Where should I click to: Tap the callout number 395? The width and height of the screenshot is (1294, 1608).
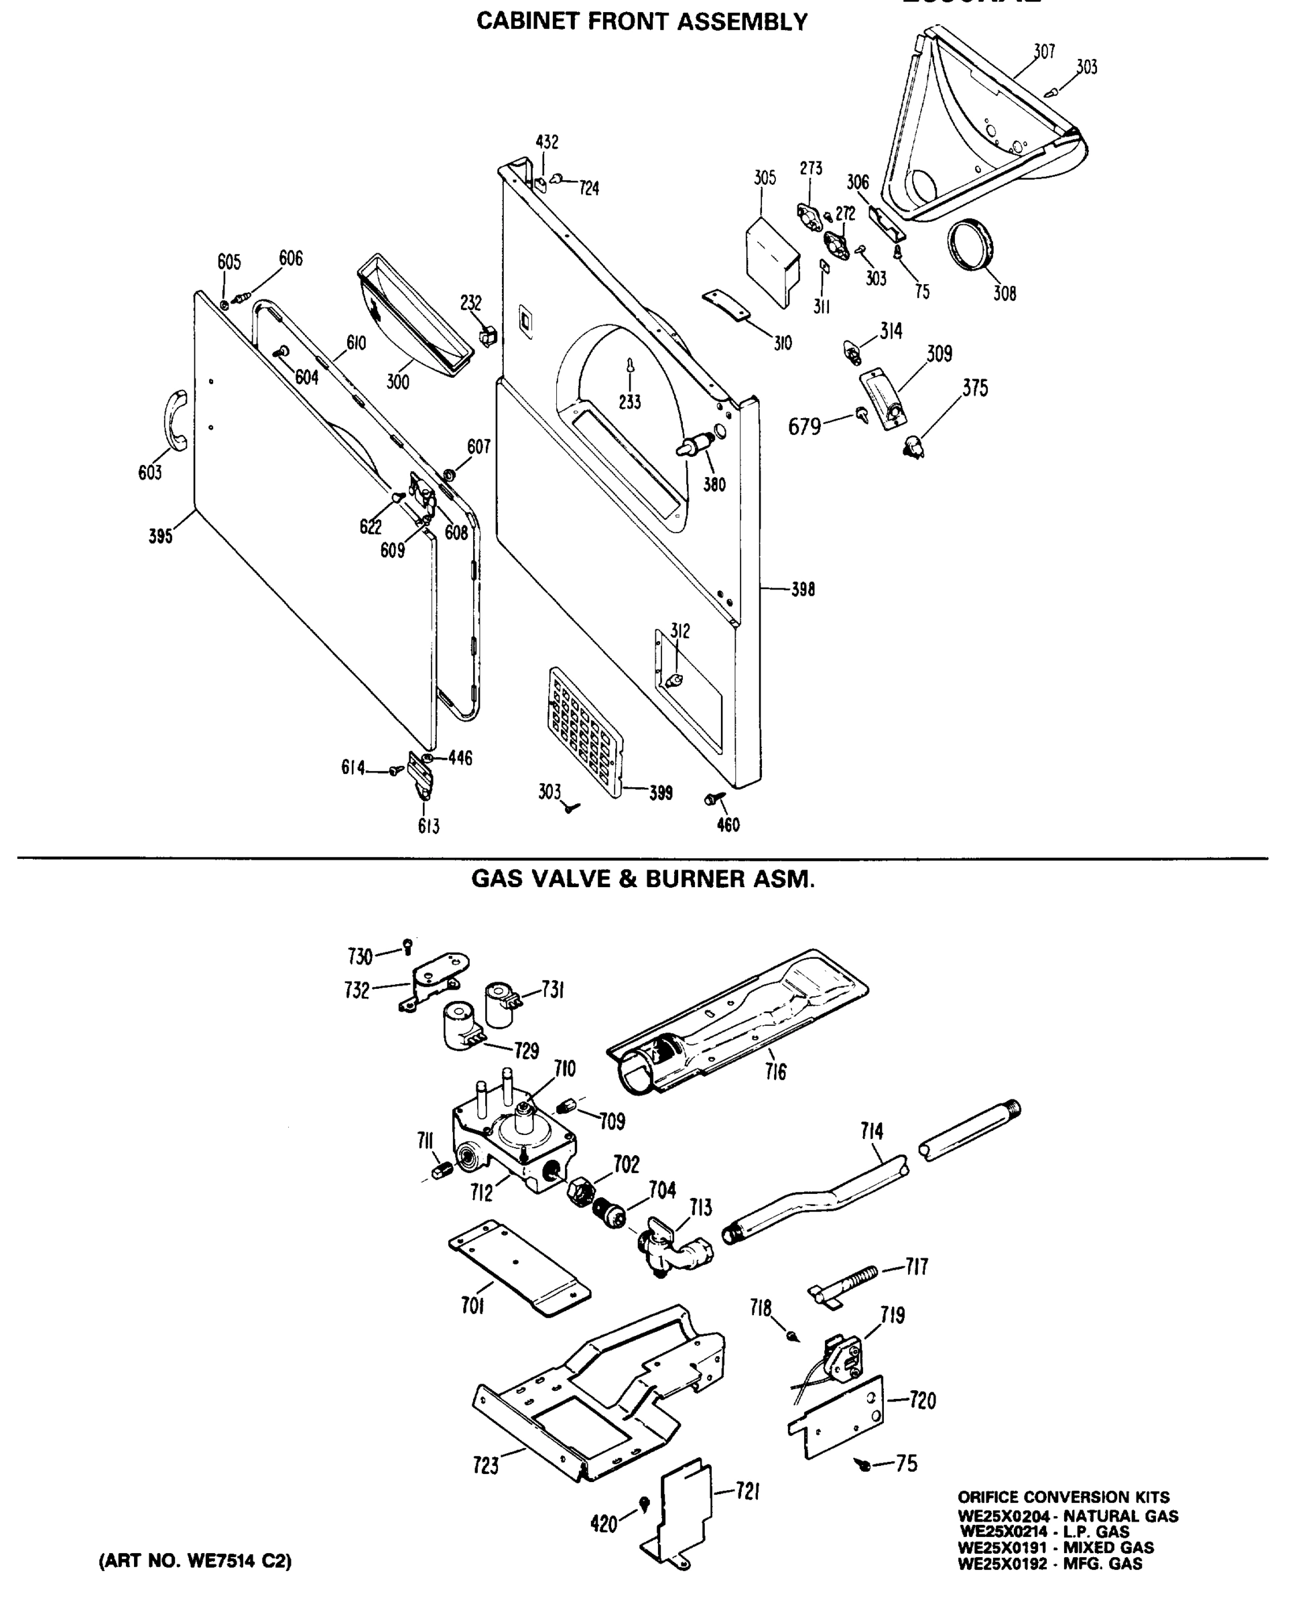(160, 536)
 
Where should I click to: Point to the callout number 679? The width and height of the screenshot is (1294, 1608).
(804, 427)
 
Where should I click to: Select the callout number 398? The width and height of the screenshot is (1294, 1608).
(803, 589)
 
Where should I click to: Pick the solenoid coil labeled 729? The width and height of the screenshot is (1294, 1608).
(462, 1028)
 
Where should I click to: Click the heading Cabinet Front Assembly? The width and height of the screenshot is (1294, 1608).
(641, 22)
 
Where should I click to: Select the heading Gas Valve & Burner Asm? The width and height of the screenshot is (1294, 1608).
(643, 879)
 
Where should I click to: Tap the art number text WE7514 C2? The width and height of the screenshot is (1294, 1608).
(196, 1561)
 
